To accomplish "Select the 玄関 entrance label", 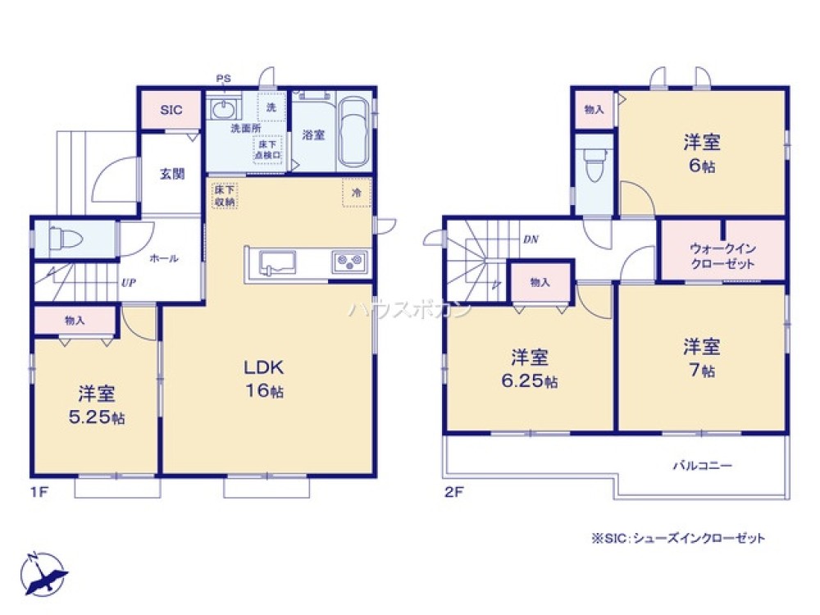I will click(x=171, y=174).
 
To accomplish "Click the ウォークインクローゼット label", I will click(x=722, y=256).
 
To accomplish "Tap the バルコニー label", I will click(x=702, y=465).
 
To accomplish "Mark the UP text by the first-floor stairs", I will click(x=128, y=282).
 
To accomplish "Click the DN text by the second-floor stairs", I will click(x=531, y=240).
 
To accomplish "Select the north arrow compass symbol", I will click(x=43, y=572).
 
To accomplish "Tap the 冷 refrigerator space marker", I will click(x=356, y=194).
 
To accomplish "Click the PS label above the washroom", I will click(x=223, y=79).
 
